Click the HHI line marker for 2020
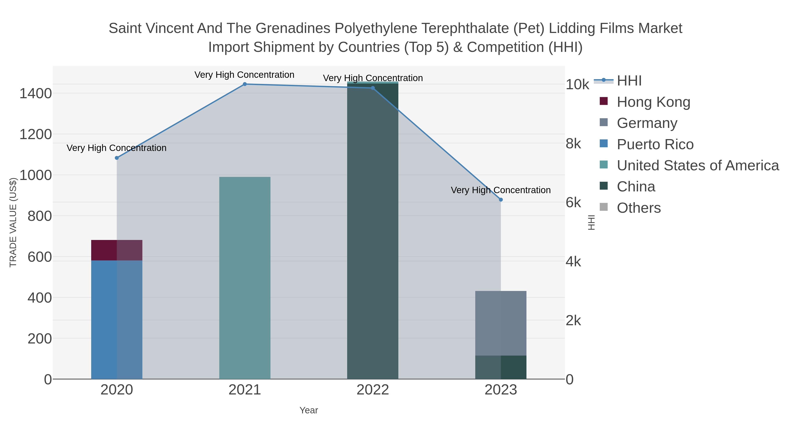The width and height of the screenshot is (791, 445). [117, 158]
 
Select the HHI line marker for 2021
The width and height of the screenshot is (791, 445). [245, 84]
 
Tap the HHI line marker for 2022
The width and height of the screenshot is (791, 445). [373, 88]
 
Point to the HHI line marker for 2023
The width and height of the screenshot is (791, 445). [501, 200]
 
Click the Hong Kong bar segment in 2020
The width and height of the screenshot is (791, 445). [117, 250]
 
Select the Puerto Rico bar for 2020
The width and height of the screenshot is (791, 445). [117, 319]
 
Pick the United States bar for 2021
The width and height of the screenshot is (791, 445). [245, 278]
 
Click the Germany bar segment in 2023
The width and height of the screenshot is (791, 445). [501, 323]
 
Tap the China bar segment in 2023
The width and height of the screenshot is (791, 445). [501, 367]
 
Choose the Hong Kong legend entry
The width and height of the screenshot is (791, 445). [653, 102]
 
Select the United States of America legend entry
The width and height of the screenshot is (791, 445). [697, 165]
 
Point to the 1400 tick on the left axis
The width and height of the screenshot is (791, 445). [36, 93]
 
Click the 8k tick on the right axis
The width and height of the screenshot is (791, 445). [573, 144]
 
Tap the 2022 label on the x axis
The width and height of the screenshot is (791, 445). [373, 390]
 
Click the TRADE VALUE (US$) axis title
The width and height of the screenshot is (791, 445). [13, 222]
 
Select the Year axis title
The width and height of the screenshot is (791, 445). [309, 410]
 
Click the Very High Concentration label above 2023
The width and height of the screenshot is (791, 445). [501, 190]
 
